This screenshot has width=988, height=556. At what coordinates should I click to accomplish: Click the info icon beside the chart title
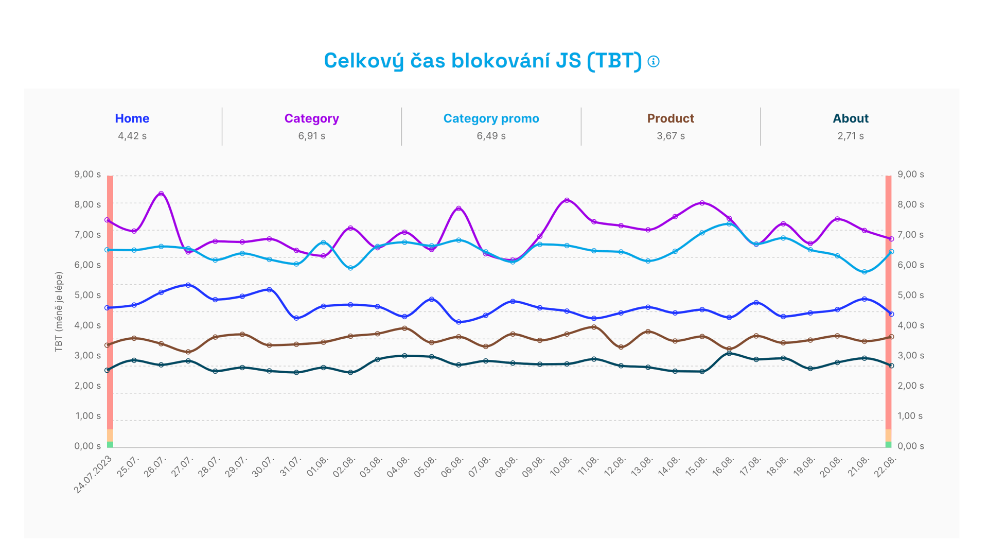pos(654,62)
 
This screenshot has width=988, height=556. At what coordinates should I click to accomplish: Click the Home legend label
pos(132,118)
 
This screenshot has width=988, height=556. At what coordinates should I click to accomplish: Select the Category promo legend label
pos(491,118)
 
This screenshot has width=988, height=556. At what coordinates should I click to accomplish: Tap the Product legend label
pos(671,118)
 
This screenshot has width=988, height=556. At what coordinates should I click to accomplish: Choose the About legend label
pos(850,118)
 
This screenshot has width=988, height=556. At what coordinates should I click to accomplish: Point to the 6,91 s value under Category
pos(311,136)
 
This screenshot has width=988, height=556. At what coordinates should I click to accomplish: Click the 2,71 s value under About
pos(850,136)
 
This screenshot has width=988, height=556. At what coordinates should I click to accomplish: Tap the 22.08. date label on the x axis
pos(886,466)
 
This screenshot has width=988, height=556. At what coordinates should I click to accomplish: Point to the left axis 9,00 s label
pos(87,175)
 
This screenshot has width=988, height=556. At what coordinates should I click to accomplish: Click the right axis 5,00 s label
pos(910,295)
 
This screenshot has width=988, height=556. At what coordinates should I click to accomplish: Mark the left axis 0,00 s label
pos(87,446)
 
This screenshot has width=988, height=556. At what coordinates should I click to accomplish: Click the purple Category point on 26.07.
pos(161,194)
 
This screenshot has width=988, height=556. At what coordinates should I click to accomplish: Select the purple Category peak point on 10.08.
pos(567,200)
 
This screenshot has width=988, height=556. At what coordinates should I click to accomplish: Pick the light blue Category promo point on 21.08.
pos(864,272)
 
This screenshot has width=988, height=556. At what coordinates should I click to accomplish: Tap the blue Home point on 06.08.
pos(458,322)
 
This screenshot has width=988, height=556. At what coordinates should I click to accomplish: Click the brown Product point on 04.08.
pos(404,328)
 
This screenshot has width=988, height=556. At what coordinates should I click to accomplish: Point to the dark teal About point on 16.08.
pos(729,354)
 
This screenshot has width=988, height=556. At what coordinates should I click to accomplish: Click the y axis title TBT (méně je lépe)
pos(59,312)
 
